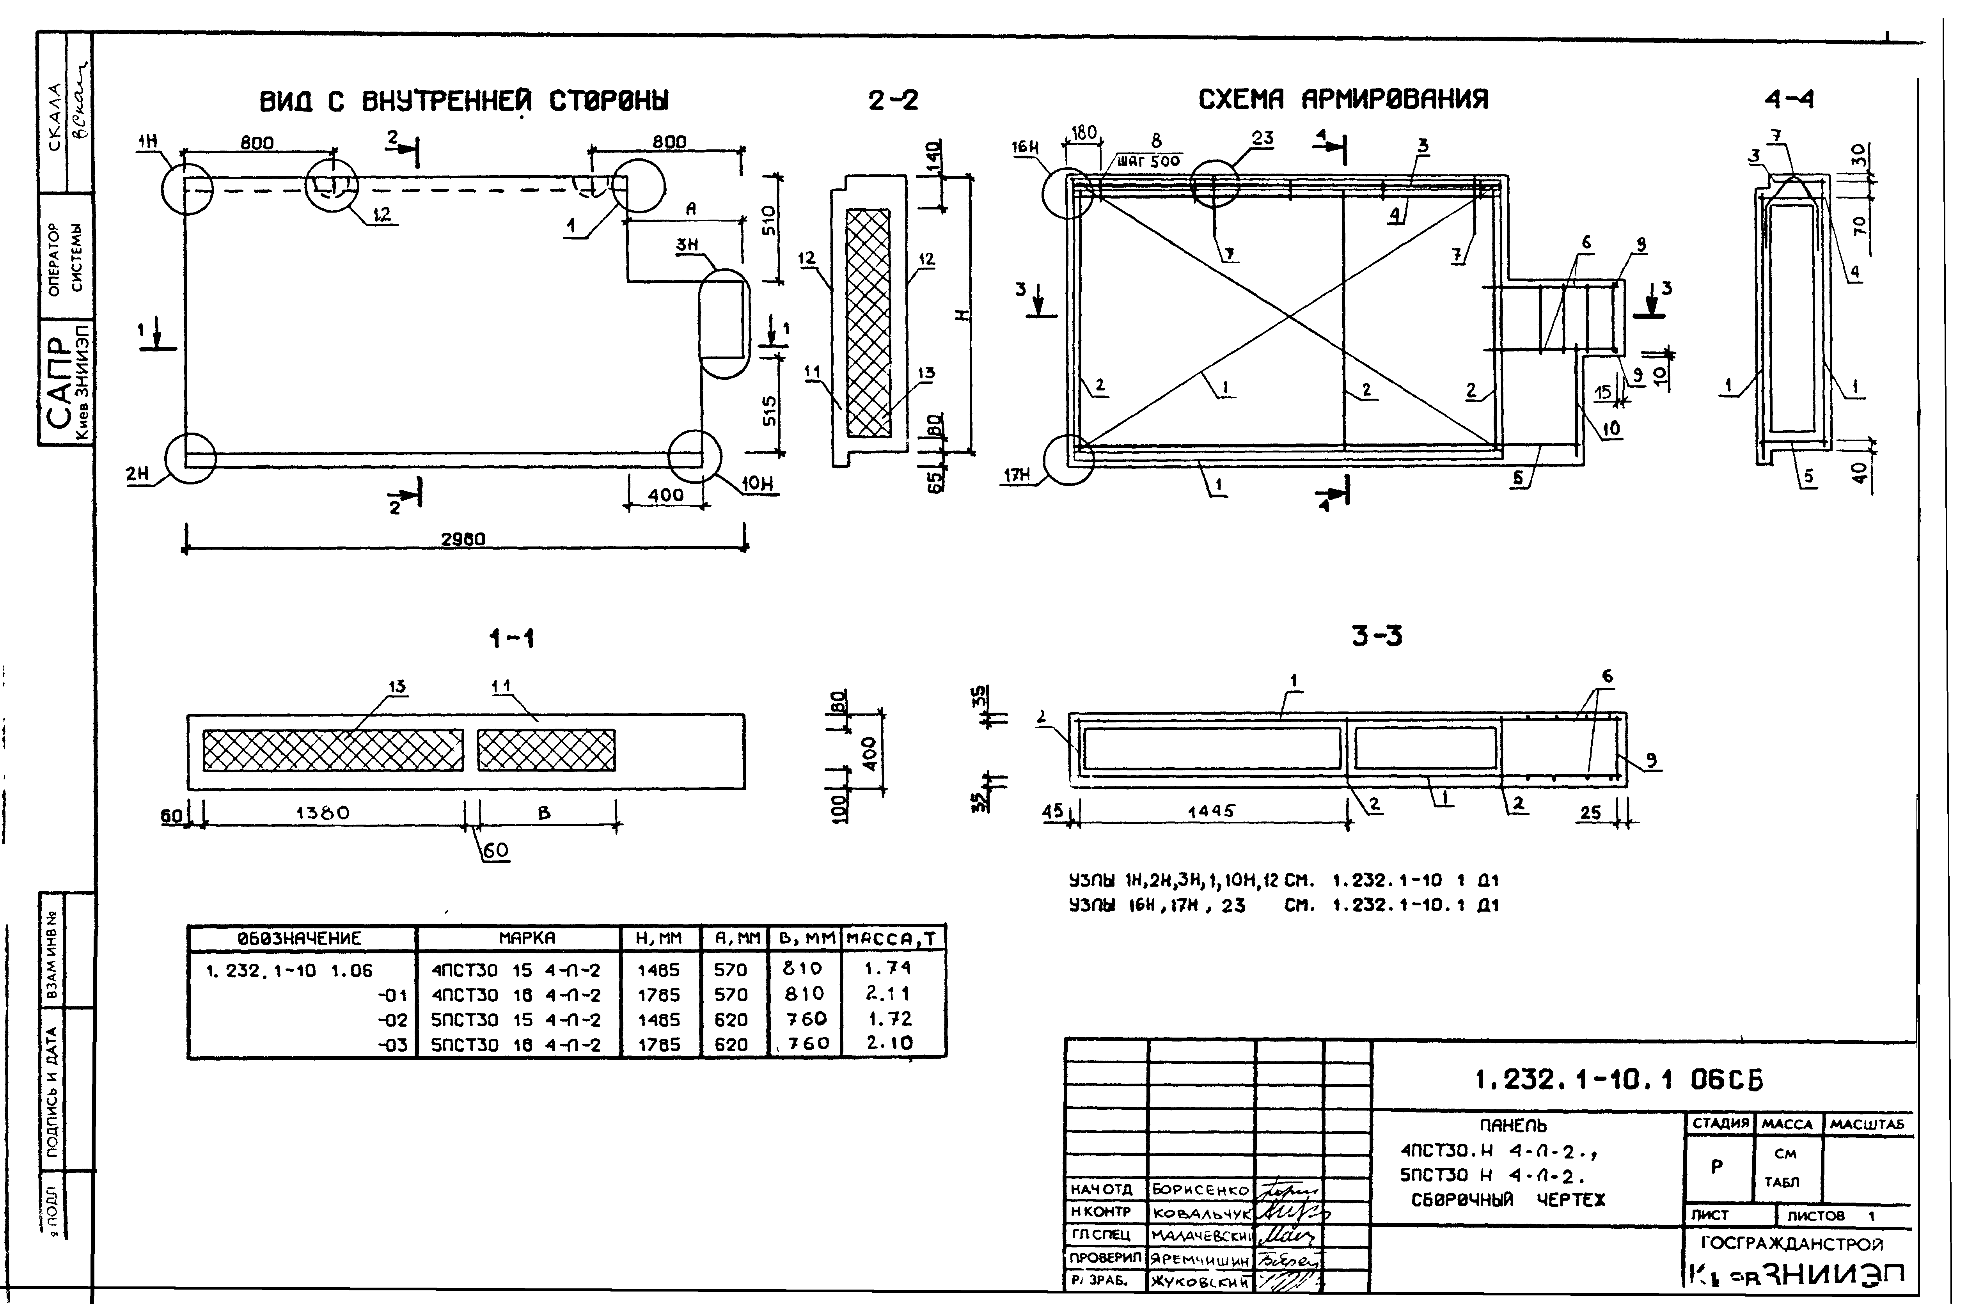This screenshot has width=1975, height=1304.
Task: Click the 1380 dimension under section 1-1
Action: pyautogui.click(x=323, y=813)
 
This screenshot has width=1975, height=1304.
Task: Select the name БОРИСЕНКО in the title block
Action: pyautogui.click(x=1200, y=1190)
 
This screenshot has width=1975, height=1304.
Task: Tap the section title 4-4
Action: pyautogui.click(x=1789, y=100)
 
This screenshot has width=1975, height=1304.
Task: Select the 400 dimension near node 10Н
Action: pyautogui.click(x=666, y=495)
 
